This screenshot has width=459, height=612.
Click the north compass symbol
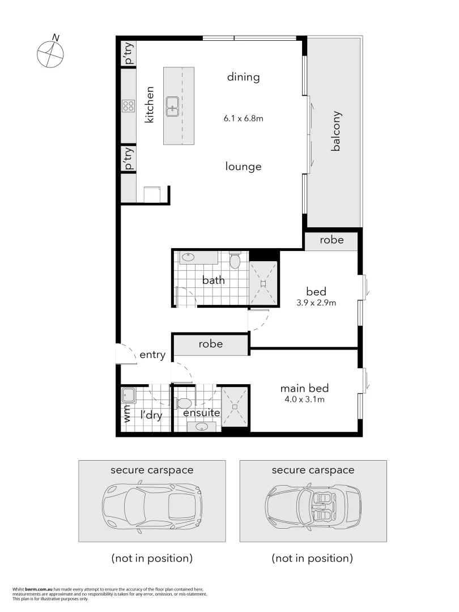50,53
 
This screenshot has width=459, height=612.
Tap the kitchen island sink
173,106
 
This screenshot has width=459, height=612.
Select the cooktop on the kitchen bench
128,106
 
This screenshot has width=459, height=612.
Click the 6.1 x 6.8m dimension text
244,119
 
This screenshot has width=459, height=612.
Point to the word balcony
336,130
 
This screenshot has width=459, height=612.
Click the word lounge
243,167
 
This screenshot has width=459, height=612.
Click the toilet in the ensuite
182,403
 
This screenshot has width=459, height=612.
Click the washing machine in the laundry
127,394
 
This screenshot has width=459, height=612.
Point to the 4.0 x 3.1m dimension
304,399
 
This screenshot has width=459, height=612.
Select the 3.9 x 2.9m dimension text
316,303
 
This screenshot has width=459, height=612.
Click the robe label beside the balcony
331,240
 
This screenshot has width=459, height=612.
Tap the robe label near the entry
210,344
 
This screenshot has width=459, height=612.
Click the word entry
152,355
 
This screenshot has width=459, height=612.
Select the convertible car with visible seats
313,501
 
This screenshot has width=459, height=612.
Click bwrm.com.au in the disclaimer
38,589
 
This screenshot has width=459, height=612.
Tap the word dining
243,77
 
